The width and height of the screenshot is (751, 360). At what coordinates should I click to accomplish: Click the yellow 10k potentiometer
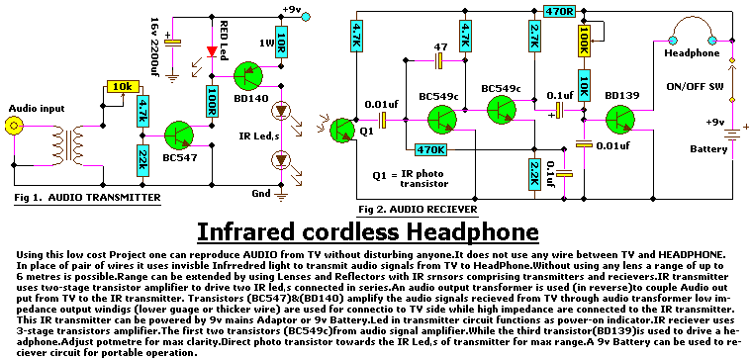click(123, 87)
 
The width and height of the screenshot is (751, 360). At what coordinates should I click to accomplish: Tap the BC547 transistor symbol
click(179, 135)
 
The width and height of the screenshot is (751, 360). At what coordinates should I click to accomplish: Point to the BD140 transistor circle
click(248, 75)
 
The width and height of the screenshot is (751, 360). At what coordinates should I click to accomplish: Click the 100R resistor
click(212, 102)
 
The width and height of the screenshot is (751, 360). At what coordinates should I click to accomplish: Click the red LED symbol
click(211, 50)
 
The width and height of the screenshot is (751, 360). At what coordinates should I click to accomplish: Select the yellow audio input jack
click(13, 127)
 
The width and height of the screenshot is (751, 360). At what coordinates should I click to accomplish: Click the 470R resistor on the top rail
click(560, 11)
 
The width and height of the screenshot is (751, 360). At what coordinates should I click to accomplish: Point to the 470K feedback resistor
click(430, 150)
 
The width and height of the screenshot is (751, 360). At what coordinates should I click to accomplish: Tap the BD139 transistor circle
click(619, 120)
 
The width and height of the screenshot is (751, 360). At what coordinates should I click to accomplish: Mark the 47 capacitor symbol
click(438, 60)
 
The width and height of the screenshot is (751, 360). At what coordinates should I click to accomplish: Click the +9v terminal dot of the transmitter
click(306, 17)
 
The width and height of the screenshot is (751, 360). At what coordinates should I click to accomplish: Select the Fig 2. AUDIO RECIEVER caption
click(418, 210)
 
